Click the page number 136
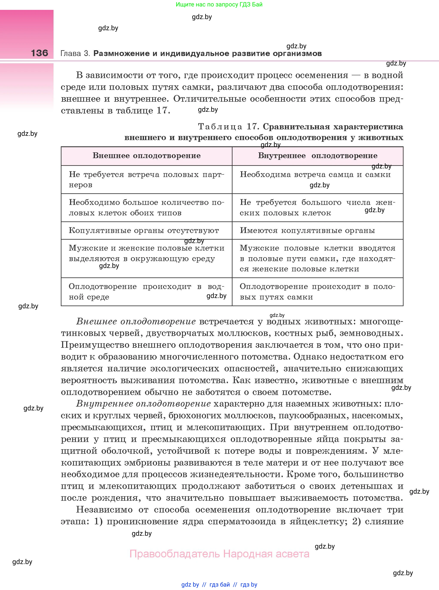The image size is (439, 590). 39,53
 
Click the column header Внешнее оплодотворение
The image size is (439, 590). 146,156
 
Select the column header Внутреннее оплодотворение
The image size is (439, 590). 318,156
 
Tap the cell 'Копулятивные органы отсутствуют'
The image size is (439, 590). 144,231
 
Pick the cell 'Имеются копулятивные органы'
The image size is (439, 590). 307,231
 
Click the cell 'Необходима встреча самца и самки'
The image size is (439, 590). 315,175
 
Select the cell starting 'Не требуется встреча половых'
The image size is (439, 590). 146,180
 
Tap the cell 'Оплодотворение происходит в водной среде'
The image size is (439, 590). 146,292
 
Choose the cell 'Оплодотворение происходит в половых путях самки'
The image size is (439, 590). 318,292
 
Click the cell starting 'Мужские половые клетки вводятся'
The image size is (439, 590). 318,258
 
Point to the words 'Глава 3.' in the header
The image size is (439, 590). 75,54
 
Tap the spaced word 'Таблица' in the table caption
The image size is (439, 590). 220,127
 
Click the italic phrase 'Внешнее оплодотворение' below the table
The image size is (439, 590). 136,322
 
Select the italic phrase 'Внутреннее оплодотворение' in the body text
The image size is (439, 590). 144,404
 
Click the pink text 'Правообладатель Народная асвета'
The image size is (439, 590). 219,554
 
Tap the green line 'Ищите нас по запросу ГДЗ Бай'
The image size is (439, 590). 219,5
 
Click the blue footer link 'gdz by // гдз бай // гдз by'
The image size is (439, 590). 219,584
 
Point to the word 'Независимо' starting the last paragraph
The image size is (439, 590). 104,510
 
